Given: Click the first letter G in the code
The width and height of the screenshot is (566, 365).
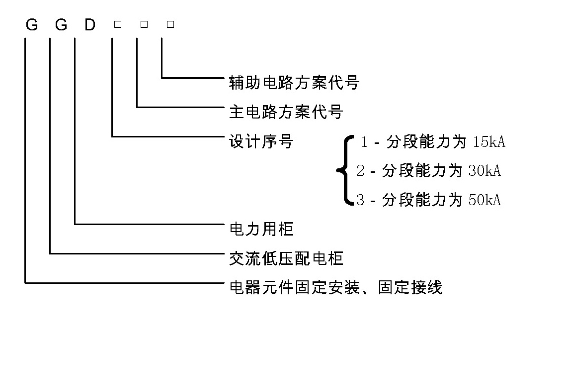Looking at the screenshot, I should tap(31, 24).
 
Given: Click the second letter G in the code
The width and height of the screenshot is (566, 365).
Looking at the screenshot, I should tap(61, 24).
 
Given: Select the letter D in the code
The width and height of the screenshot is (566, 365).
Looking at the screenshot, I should tap(89, 24).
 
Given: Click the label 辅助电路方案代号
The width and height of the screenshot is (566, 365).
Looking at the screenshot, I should tap(293, 82).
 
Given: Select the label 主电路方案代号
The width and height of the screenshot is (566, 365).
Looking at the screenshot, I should tap(286, 112).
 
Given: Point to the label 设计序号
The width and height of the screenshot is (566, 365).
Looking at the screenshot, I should tap(261, 142).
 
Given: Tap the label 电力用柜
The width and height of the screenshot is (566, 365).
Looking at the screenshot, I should tap(261, 229).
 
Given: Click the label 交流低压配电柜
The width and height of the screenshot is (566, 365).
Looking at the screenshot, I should tap(286, 258).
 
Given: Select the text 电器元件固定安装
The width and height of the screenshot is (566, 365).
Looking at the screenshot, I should tap(294, 288).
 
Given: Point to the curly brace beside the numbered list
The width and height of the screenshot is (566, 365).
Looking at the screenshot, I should tap(344, 170).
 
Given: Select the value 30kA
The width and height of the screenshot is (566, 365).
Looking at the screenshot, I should tap(484, 171).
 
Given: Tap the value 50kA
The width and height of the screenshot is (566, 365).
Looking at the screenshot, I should tap(484, 200).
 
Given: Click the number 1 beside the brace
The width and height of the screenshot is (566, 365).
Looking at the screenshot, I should tap(364, 142).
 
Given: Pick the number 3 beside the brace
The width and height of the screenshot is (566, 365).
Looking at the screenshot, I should tap(361, 200).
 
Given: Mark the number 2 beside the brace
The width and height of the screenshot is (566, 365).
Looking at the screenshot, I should tap(361, 171).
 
